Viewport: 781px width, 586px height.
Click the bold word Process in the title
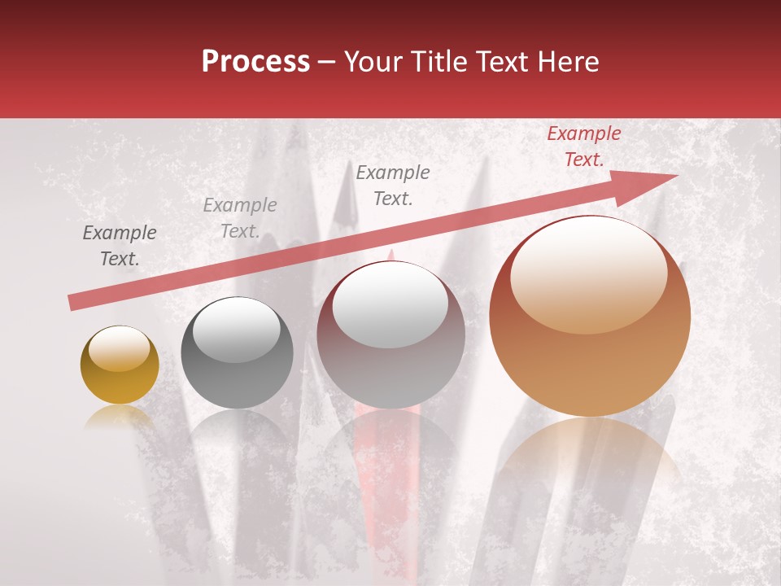coord(255,61)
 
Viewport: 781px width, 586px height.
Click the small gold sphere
coord(120,365)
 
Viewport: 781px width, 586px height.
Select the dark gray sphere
coord(237,353)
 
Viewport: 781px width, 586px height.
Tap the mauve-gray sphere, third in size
coord(391,334)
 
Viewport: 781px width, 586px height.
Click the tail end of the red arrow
coord(73,303)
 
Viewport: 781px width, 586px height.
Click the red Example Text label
coord(583,146)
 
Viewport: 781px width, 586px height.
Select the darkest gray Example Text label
coord(119,246)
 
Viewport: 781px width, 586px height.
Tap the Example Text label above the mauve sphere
coord(393,185)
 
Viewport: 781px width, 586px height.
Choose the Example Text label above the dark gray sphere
coord(239,218)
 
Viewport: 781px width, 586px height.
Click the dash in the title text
coord(327,63)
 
